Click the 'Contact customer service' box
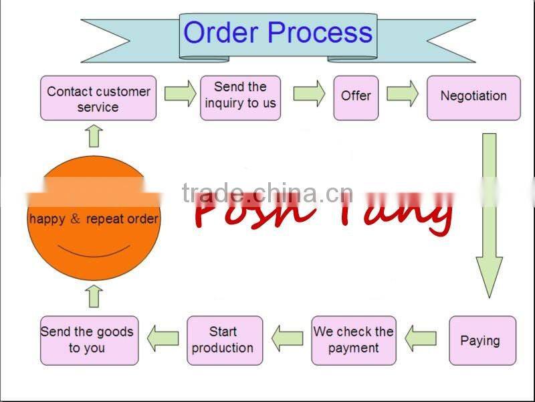pos(98,98)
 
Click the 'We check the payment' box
pos(354,340)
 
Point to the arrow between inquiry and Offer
pos(308,94)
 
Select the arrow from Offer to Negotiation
pos(402,94)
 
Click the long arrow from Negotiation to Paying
pos(489,214)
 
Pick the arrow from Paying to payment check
pos(421,337)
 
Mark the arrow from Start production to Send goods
pos(163,337)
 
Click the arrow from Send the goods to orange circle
pos(94,295)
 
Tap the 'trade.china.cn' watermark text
pos(267,193)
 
